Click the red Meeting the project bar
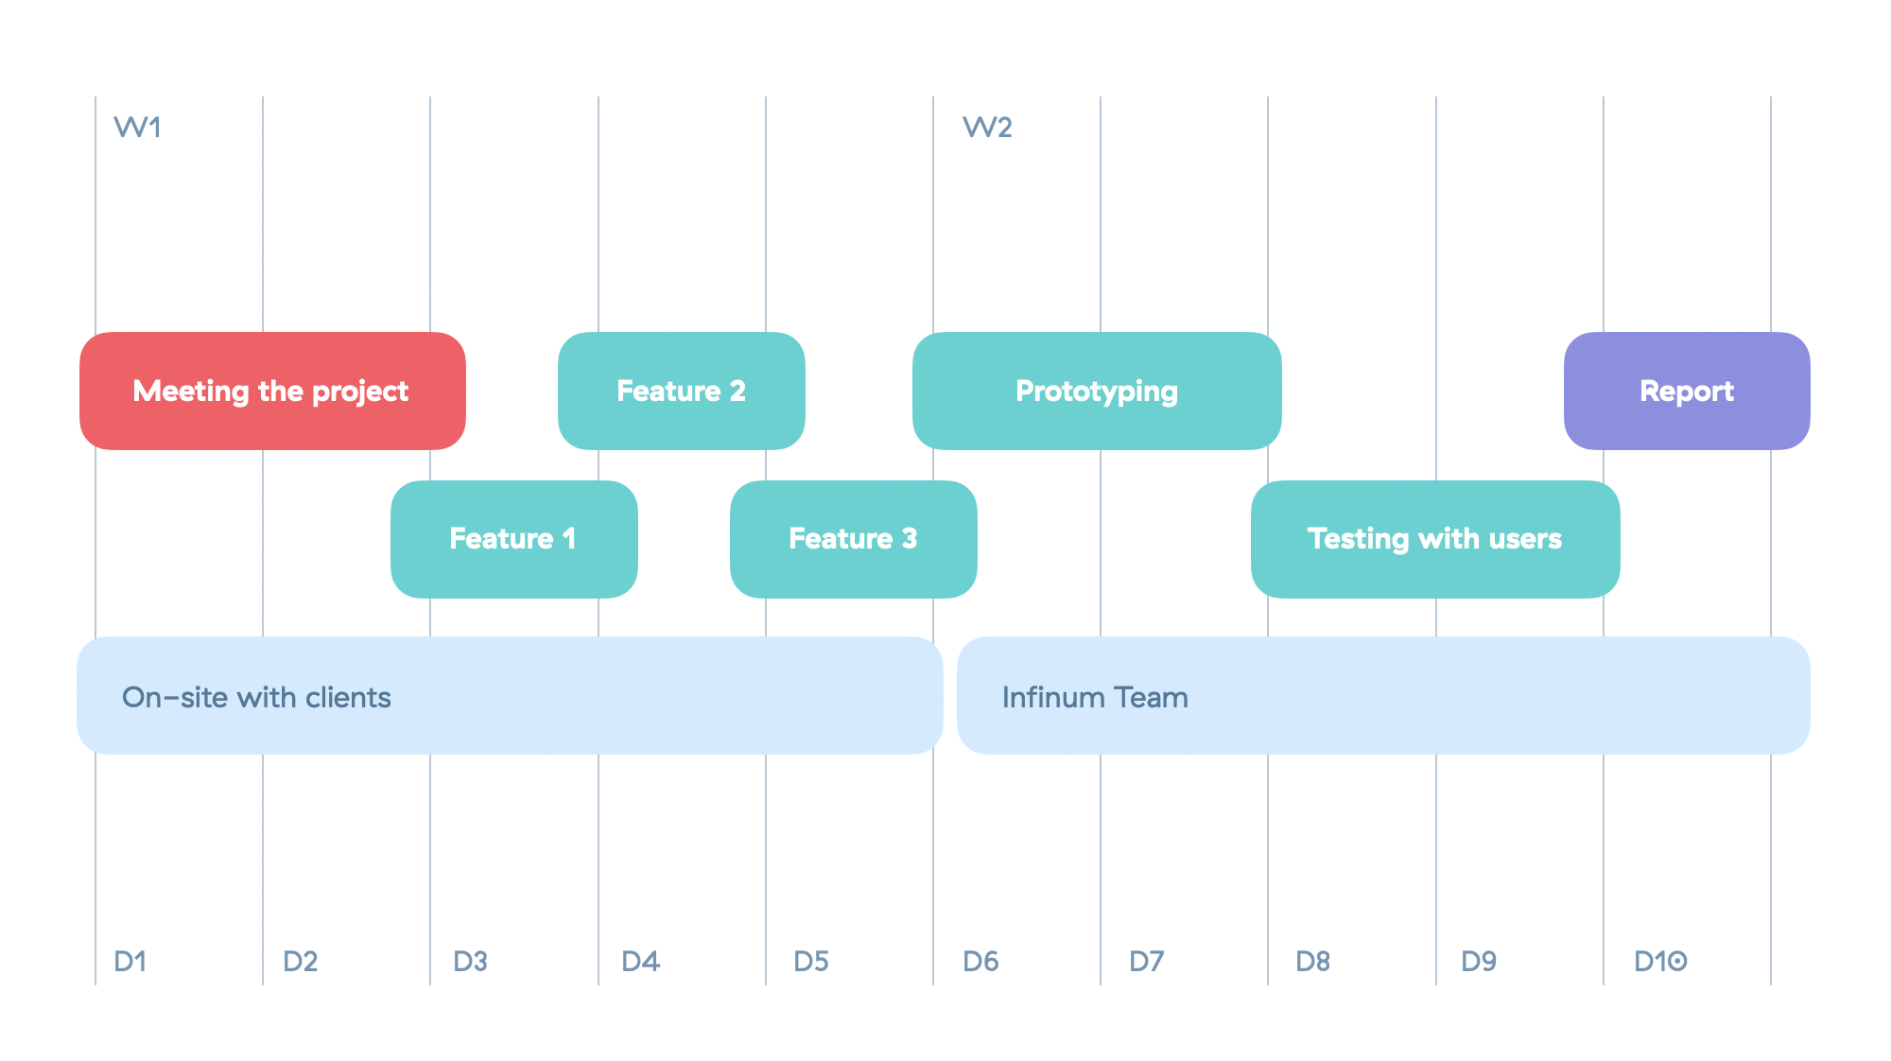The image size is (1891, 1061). pos(272,391)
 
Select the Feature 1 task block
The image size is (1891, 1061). pos(514,539)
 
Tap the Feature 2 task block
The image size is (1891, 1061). pos(682,391)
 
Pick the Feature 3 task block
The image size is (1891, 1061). pos(854,539)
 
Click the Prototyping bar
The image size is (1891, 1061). pos(1097,391)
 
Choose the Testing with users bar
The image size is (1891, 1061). pos(1435,539)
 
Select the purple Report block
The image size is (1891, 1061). pos(1687,391)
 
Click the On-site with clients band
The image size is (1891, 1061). pos(510,695)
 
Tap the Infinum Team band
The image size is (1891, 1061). pos(1383,695)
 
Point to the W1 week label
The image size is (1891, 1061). pos(137,128)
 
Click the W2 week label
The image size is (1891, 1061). pos(987,128)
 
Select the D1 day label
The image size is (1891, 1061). pos(130,962)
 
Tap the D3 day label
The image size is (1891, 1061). pos(470,962)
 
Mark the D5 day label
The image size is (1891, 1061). pos(811,962)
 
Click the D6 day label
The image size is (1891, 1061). pos(980,962)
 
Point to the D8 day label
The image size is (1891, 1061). pos(1312,962)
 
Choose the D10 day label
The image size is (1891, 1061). pos(1660,962)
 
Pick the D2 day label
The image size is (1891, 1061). pos(300,962)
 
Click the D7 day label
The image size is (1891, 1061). pos(1146,962)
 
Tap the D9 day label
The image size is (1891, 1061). pos(1479,962)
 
